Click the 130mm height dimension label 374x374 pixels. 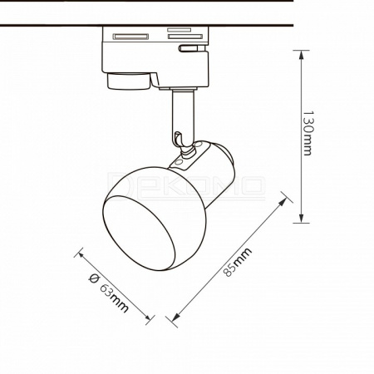(x=308, y=133)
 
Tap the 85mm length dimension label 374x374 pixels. (x=238, y=262)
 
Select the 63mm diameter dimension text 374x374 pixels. (x=114, y=298)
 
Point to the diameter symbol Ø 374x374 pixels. (x=94, y=278)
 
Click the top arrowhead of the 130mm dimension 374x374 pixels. (x=302, y=55)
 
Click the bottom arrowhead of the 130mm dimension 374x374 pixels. (x=302, y=218)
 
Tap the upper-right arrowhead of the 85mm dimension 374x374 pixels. (x=283, y=202)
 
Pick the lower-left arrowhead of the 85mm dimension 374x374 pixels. (x=175, y=317)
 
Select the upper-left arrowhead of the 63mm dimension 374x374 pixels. (x=81, y=255)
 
